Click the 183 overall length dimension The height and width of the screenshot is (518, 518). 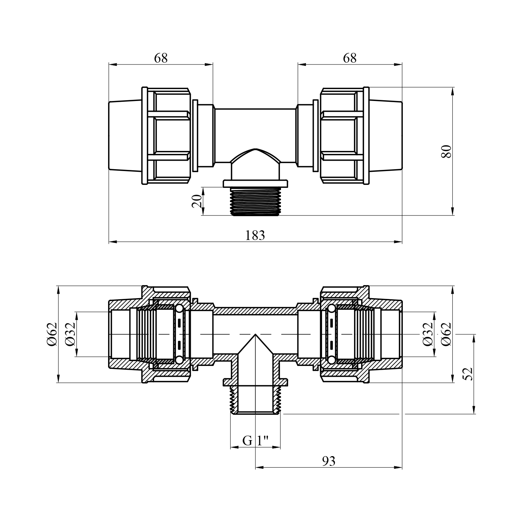pyautogui.click(x=255, y=236)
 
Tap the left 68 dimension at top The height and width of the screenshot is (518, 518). pyautogui.click(x=161, y=58)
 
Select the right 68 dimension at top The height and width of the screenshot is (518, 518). pyautogui.click(x=350, y=58)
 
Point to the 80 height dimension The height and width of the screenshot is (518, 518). pyautogui.click(x=446, y=151)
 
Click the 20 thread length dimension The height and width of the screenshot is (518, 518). pyautogui.click(x=197, y=201)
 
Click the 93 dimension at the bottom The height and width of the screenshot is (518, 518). pyautogui.click(x=328, y=461)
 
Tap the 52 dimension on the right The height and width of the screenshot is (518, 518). pyautogui.click(x=468, y=374)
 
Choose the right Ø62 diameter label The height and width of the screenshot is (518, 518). pyautogui.click(x=446, y=334)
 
